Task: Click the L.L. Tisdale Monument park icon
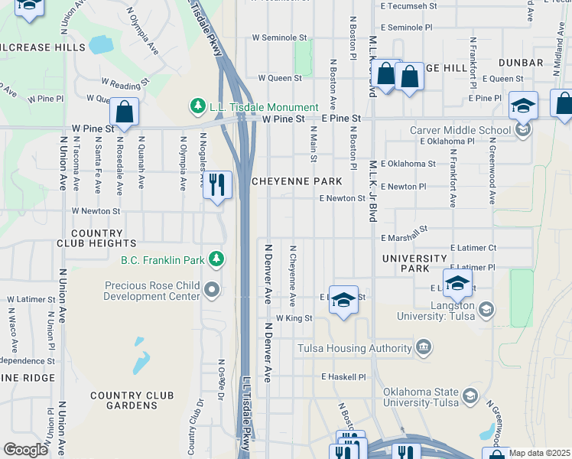tap(198, 107)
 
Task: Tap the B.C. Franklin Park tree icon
tap(218, 259)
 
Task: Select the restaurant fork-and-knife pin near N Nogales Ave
tap(218, 184)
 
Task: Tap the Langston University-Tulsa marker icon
tap(486, 310)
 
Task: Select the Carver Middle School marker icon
tap(523, 130)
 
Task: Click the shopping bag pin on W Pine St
tap(123, 112)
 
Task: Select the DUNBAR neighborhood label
tap(521, 63)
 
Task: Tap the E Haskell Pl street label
tap(344, 377)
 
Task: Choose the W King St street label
tap(294, 318)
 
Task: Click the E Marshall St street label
tap(401, 232)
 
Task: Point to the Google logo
tap(26, 449)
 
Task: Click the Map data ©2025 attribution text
tap(539, 453)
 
